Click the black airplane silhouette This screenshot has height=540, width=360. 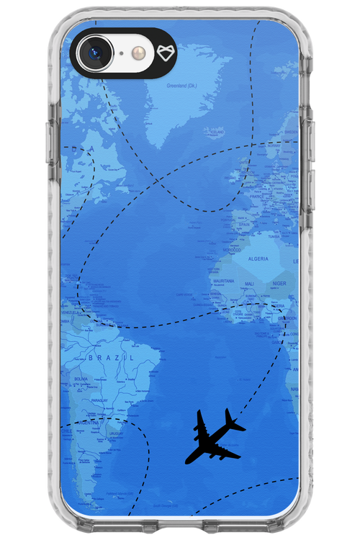point(217,436)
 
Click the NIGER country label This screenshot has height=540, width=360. point(279,284)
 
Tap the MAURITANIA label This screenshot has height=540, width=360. point(223,281)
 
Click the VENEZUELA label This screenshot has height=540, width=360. point(71,313)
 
